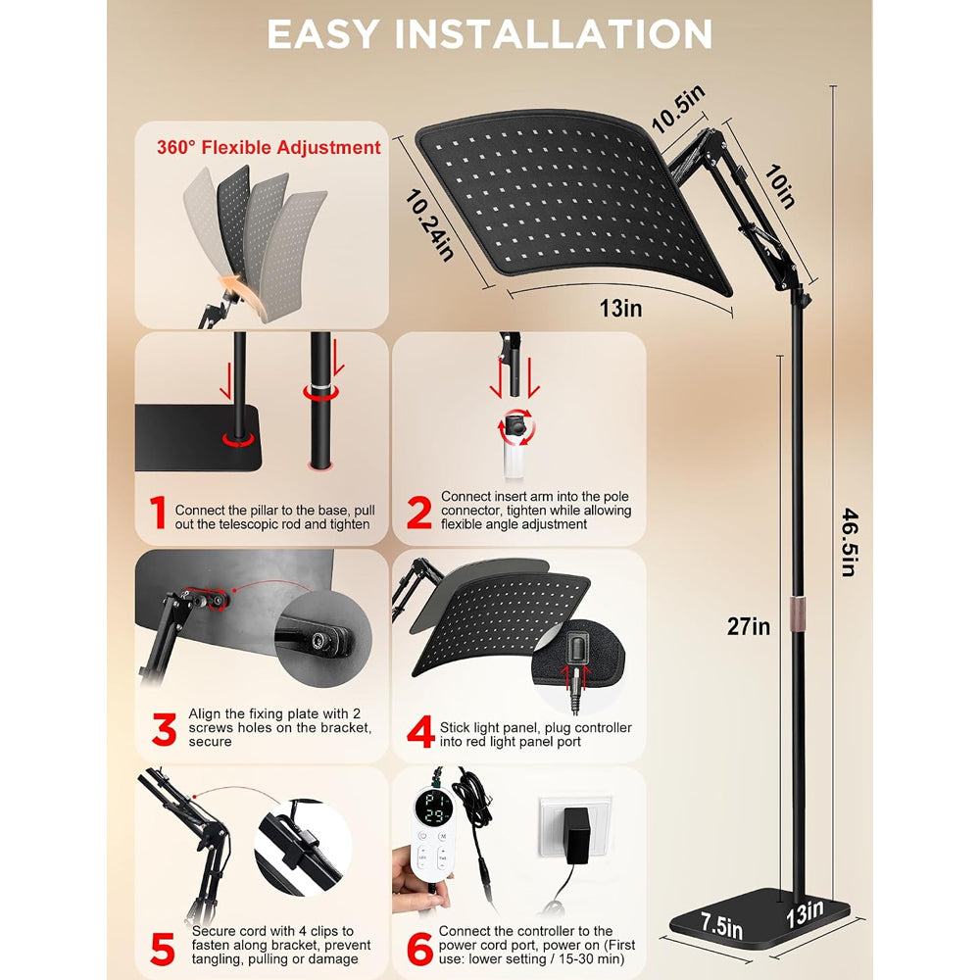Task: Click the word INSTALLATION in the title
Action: click(553, 33)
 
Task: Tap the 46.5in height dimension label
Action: click(850, 542)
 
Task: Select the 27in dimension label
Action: click(748, 626)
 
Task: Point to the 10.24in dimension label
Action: click(429, 225)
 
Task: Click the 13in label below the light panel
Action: click(620, 308)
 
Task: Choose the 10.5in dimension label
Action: click(678, 108)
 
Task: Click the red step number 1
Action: click(158, 513)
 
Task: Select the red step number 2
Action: click(418, 513)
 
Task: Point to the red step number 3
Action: click(164, 729)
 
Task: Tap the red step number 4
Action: click(420, 731)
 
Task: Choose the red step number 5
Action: click(163, 950)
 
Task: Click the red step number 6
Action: click(419, 950)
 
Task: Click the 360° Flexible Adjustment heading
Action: click(269, 148)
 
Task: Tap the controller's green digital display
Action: click(435, 807)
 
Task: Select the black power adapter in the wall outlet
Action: click(575, 836)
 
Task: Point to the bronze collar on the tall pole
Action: click(797, 609)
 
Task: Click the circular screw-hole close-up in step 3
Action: click(322, 639)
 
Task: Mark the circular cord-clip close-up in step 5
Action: click(303, 847)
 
